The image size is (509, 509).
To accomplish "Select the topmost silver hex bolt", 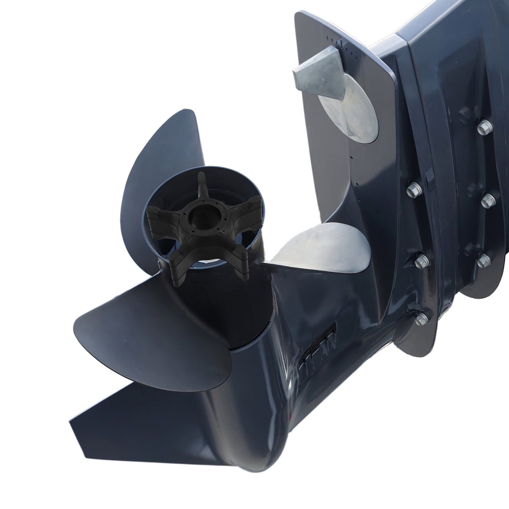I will pyautogui.click(x=485, y=127).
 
